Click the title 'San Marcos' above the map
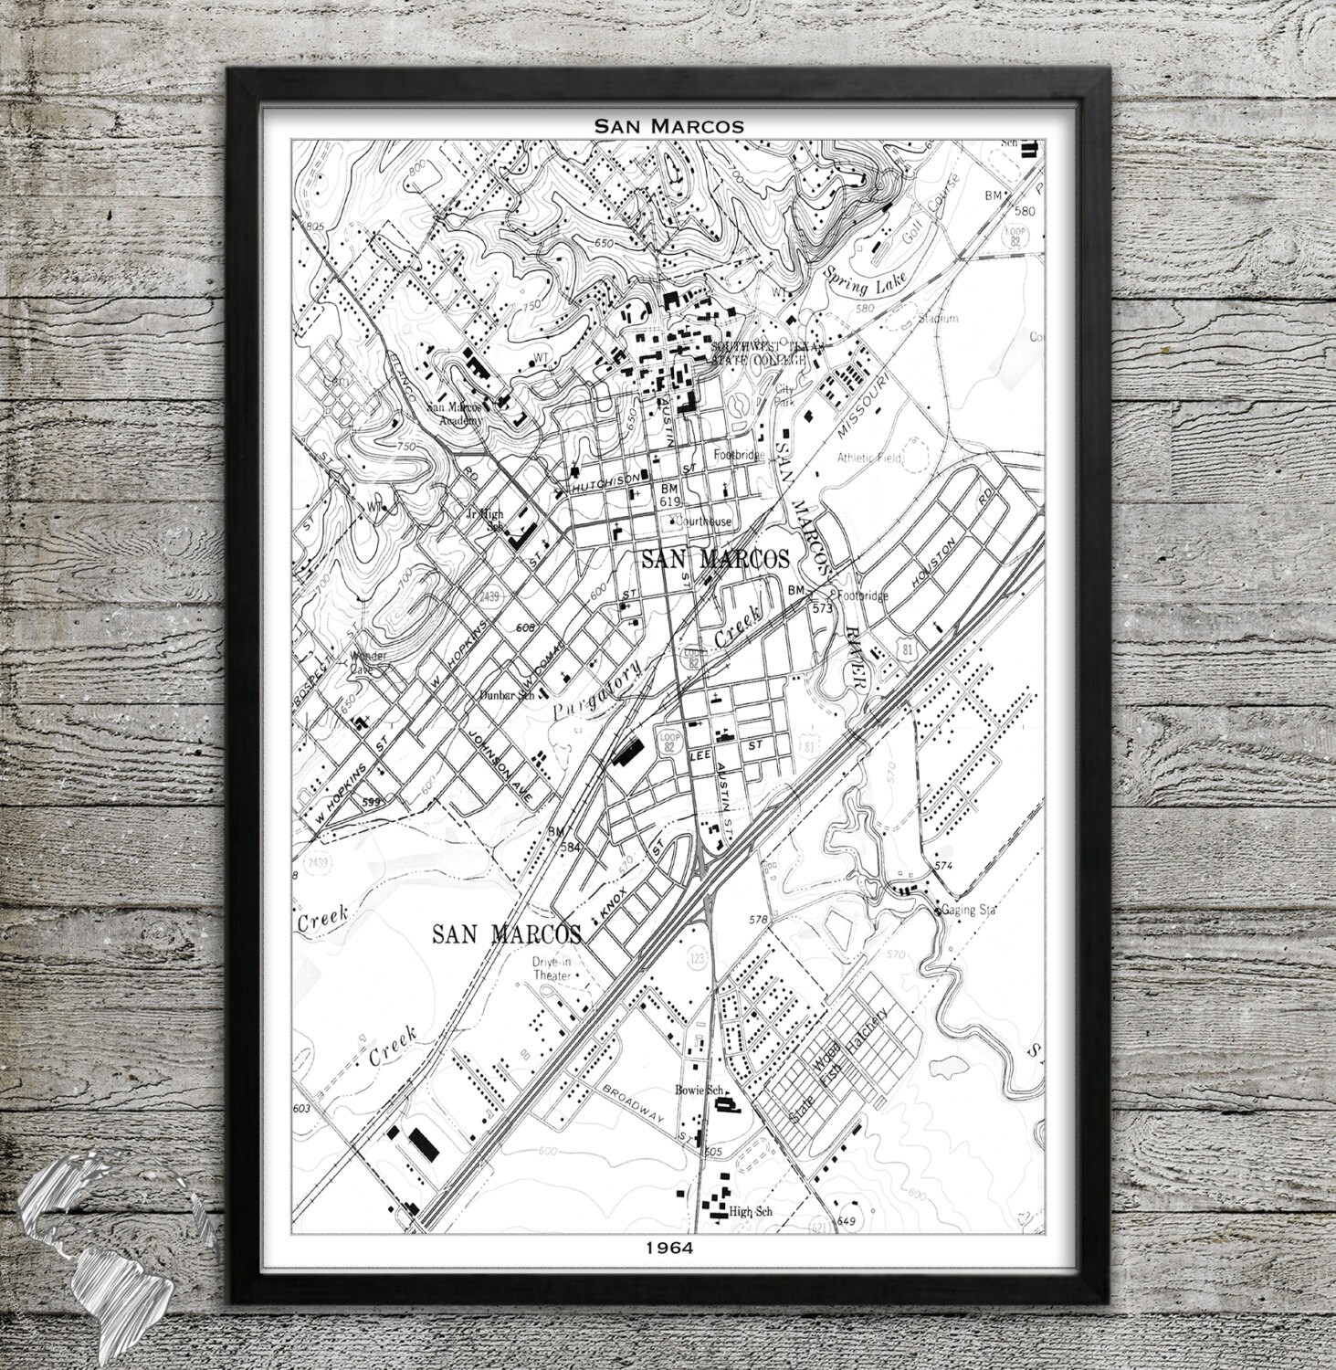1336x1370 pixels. point(668,125)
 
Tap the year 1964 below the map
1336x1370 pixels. point(668,1248)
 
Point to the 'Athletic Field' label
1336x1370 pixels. point(868,457)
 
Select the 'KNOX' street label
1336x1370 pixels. point(609,901)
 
